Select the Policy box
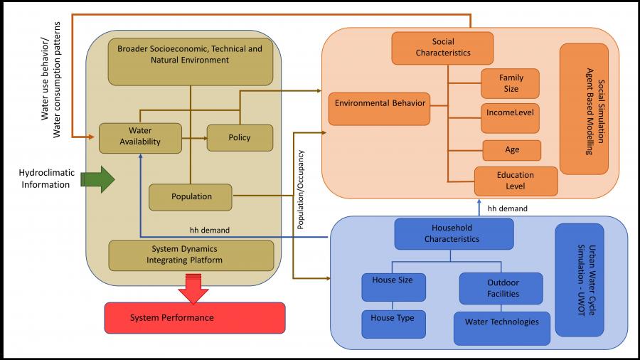pos(240,137)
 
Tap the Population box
pos(191,196)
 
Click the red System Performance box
pos(194,317)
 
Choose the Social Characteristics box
pos(442,48)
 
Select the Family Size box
pos(510,83)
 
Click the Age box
pos(512,150)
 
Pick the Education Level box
pos(516,181)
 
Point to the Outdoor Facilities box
pos(503,287)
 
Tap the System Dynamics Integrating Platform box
pos(191,255)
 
